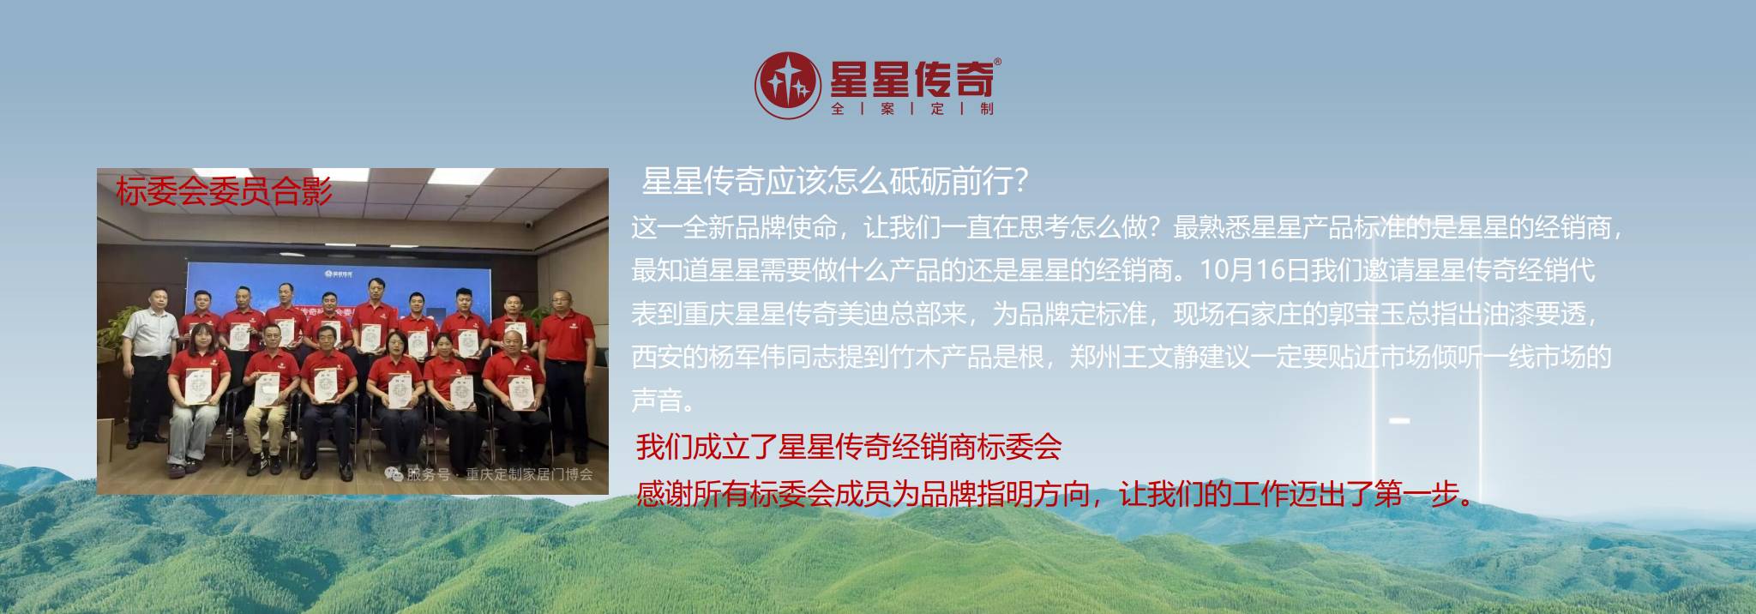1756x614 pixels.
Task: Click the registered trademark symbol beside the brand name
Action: [x=997, y=62]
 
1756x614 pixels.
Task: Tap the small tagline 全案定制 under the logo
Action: [x=912, y=109]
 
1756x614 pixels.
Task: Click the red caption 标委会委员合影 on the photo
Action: [x=224, y=191]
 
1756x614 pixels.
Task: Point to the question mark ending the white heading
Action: [x=1020, y=182]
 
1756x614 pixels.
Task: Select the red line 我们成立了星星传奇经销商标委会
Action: [x=849, y=447]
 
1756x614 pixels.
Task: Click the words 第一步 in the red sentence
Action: [x=1416, y=495]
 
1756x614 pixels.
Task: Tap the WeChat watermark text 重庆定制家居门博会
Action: [x=528, y=474]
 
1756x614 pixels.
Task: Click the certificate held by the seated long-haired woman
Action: [x=197, y=388]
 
